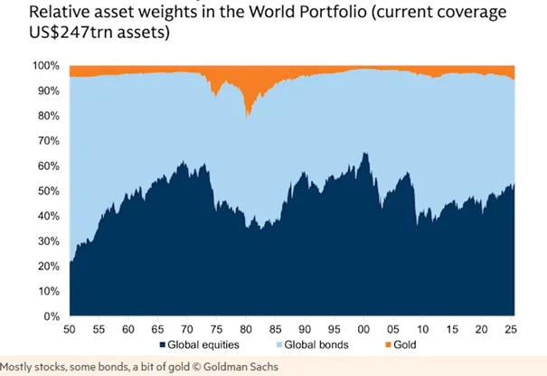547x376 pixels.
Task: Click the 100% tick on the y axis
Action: click(x=46, y=66)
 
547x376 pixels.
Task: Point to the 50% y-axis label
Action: click(x=49, y=191)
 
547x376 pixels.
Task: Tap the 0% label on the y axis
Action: click(x=52, y=316)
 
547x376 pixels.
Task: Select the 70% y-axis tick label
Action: click(x=49, y=141)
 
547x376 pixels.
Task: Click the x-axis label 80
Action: click(x=246, y=329)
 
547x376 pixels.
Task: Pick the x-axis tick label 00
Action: click(x=363, y=329)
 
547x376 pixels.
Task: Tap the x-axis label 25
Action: click(x=511, y=329)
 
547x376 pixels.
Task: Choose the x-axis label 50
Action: click(x=70, y=329)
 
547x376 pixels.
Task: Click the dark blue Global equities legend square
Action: click(x=162, y=345)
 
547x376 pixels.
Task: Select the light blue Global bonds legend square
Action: click(x=279, y=345)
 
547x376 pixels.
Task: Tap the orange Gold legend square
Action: click(x=388, y=345)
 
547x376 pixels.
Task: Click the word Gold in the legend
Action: click(x=405, y=345)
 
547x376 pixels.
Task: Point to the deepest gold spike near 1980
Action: click(x=246, y=118)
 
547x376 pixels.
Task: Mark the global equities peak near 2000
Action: click(x=365, y=153)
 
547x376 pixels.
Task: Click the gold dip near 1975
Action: click(x=216, y=96)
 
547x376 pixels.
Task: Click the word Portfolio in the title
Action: click(x=333, y=12)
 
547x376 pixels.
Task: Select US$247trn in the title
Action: click(x=71, y=33)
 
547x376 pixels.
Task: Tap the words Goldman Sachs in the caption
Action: click(x=240, y=367)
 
